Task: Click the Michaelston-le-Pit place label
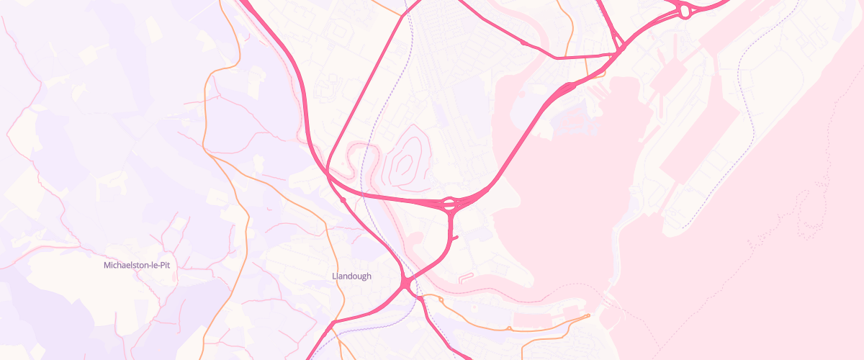coord(137,265)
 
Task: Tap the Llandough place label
coord(352,276)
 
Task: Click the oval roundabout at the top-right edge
coord(684,11)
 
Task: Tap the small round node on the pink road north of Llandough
coord(343,199)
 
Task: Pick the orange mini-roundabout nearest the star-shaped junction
coord(440,297)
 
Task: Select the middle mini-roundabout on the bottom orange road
coord(509,329)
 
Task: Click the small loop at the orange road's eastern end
coord(588,315)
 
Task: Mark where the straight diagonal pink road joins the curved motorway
coord(328,173)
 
